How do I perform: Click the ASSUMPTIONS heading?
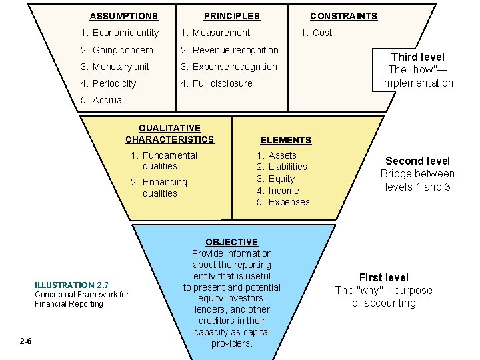pyautogui.click(x=123, y=16)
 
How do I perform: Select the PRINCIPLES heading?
pyautogui.click(x=231, y=16)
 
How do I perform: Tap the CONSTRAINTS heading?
pyautogui.click(x=343, y=16)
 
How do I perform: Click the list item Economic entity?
pyautogui.click(x=119, y=33)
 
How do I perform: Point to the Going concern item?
pyautogui.click(x=117, y=50)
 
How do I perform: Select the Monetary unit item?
pyautogui.click(x=115, y=67)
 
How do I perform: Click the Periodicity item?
pyautogui.click(x=108, y=83)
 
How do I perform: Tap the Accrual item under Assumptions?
pyautogui.click(x=102, y=100)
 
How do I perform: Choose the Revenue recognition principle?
pyautogui.click(x=229, y=50)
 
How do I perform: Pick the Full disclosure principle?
pyautogui.click(x=217, y=83)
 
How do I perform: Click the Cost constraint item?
pyautogui.click(x=316, y=33)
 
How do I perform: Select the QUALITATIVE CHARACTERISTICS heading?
pyautogui.click(x=169, y=134)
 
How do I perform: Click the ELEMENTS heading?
pyautogui.click(x=285, y=140)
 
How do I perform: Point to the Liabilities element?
pyautogui.click(x=282, y=167)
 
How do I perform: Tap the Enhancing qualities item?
pyautogui.click(x=159, y=187)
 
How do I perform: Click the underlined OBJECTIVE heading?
pyautogui.click(x=231, y=242)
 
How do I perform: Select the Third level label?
pyautogui.click(x=417, y=57)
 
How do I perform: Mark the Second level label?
pyautogui.click(x=417, y=161)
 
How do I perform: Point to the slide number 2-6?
pyautogui.click(x=26, y=342)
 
